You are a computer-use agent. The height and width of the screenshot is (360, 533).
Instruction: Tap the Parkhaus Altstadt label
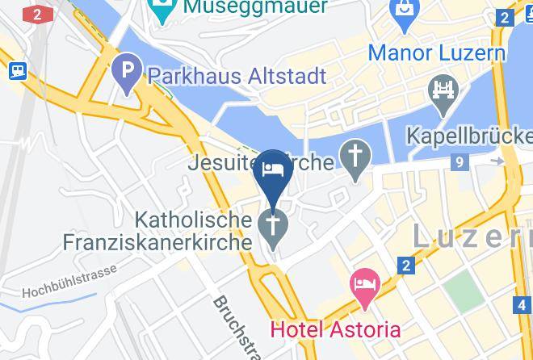tap(237, 76)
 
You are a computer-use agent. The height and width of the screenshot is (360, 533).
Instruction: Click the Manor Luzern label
tap(437, 53)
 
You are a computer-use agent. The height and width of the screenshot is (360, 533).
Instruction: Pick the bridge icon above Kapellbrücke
tap(444, 91)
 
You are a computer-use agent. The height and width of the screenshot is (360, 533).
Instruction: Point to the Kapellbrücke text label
tap(469, 135)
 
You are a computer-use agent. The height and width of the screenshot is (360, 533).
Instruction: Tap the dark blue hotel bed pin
tap(273, 170)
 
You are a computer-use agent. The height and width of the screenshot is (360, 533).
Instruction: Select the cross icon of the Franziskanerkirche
tap(273, 228)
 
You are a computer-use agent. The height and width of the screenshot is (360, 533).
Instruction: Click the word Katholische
tap(192, 219)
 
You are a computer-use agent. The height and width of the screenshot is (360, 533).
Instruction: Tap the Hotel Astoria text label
tap(334, 329)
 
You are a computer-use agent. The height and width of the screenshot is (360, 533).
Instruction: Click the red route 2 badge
tap(37, 14)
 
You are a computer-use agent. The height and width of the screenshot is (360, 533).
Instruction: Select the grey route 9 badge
tap(460, 163)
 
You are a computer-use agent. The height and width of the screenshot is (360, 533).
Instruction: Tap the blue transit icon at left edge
tap(17, 70)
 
